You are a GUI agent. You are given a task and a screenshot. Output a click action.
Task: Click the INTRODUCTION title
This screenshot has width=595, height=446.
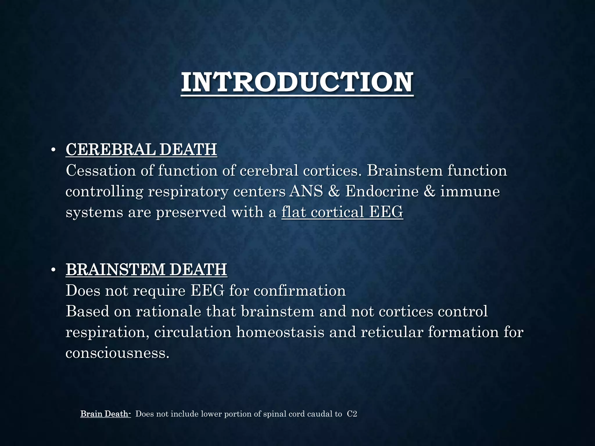[x=297, y=82]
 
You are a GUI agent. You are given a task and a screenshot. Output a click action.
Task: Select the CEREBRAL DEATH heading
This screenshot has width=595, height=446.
[x=141, y=150]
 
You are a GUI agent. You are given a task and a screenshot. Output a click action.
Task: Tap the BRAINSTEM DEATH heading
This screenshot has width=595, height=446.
[x=146, y=269]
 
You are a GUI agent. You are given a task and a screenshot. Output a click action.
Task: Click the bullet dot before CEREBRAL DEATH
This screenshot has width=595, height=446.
[x=53, y=150]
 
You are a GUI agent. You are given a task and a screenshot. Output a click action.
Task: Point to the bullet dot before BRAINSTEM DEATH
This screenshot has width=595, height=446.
[x=53, y=270]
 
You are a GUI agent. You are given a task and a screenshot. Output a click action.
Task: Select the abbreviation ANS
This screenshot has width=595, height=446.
[x=306, y=192]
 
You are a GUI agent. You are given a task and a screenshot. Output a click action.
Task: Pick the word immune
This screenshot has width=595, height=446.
[x=470, y=192]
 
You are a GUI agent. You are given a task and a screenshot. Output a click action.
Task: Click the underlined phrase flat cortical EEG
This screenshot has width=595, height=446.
[x=342, y=212]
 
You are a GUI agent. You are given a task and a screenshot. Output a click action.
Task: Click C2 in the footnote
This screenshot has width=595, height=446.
[x=352, y=414]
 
